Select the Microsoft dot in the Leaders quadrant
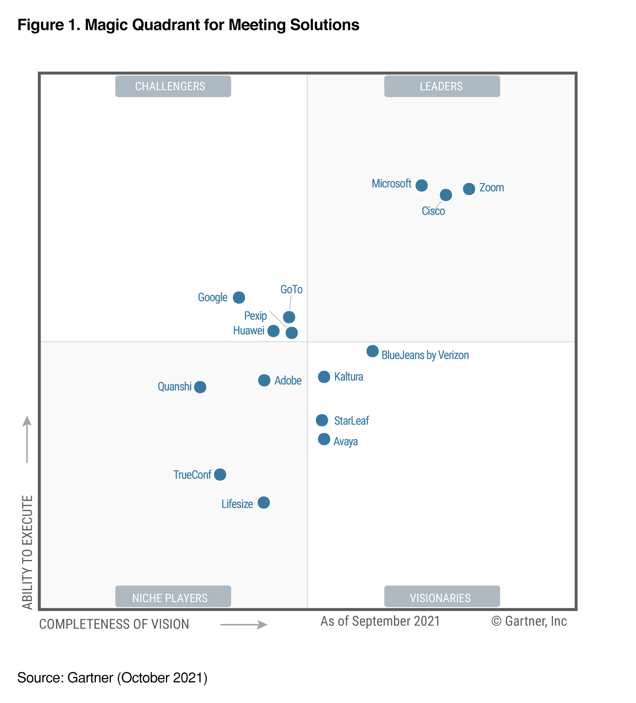pos(421,185)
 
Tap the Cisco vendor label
pos(433,211)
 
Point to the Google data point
pos(239,297)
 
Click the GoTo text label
pos(291,289)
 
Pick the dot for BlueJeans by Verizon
pos(372,351)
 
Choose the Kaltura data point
pos(324,377)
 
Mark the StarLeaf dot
pos(322,420)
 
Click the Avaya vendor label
pos(345,442)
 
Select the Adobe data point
pos(264,380)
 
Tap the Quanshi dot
pos(200,387)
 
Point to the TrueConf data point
pos(220,474)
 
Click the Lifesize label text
pos(237,504)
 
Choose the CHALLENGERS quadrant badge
pos(173,86)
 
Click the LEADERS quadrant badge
pos(442,86)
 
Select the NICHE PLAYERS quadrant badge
pos(173,598)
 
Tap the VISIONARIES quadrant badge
pos(442,598)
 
